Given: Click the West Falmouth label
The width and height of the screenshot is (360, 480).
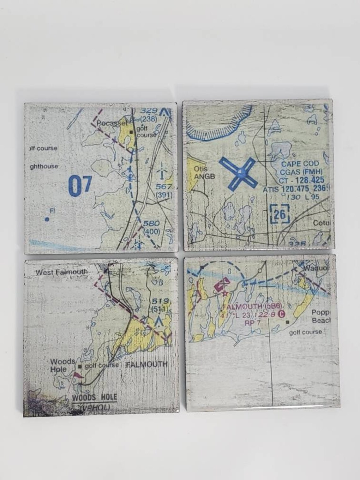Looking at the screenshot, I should point(62,272).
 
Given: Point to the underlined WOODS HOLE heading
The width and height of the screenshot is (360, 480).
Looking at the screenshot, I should point(94,397).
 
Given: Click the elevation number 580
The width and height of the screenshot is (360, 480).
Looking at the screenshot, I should point(152,224).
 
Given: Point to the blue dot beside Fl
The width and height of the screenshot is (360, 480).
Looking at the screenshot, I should point(47,219).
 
